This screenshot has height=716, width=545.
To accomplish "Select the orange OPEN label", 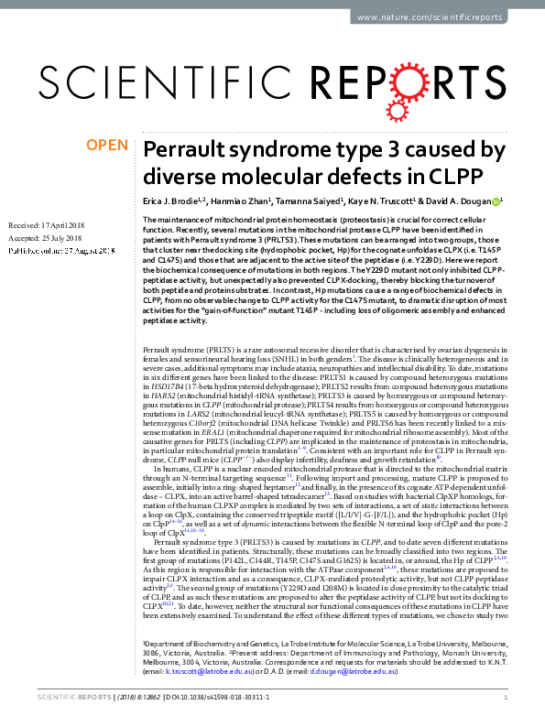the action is (x=107, y=146).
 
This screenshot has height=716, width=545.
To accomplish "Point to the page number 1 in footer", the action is (x=506, y=698).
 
